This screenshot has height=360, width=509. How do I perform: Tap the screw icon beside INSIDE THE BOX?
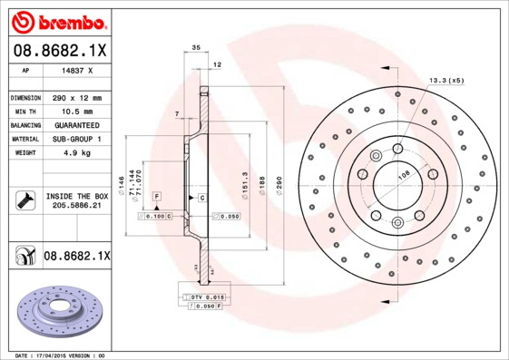pyautogui.click(x=24, y=200)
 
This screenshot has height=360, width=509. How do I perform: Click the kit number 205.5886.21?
pyautogui.click(x=76, y=206)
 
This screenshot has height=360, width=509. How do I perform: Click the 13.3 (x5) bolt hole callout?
pyautogui.click(x=445, y=81)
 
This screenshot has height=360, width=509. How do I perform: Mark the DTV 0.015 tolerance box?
pyautogui.click(x=204, y=297)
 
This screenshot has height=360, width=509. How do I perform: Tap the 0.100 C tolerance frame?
pyautogui.click(x=155, y=217)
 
